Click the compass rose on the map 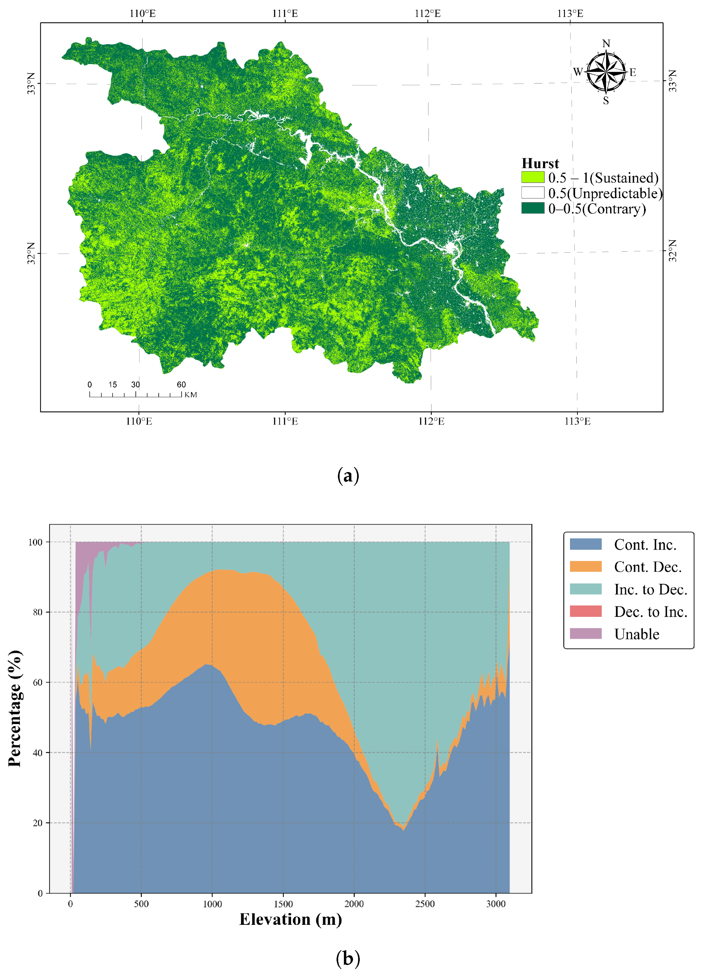click(x=606, y=72)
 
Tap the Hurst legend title click(x=540, y=163)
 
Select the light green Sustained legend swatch click(x=533, y=177)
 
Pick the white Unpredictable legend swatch click(x=533, y=193)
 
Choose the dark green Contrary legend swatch click(x=533, y=208)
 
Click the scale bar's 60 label click(x=181, y=384)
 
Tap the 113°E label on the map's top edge click(x=570, y=13)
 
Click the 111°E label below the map click(x=285, y=421)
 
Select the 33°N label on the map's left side click(x=31, y=84)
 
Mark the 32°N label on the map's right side click(x=673, y=251)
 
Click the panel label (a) click(x=348, y=476)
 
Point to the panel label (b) click(x=348, y=958)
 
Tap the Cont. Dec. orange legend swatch click(x=585, y=567)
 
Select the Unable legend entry click(x=636, y=634)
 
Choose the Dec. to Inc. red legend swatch click(x=585, y=611)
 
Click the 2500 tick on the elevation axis click(x=425, y=904)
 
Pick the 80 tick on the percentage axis click(x=38, y=612)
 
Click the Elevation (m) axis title click(x=291, y=919)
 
